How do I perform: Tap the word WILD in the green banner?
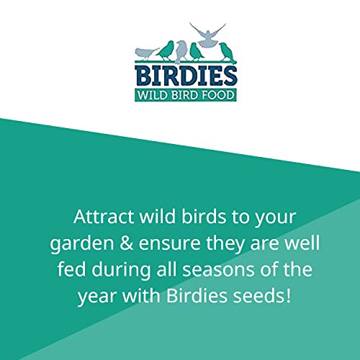154,94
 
